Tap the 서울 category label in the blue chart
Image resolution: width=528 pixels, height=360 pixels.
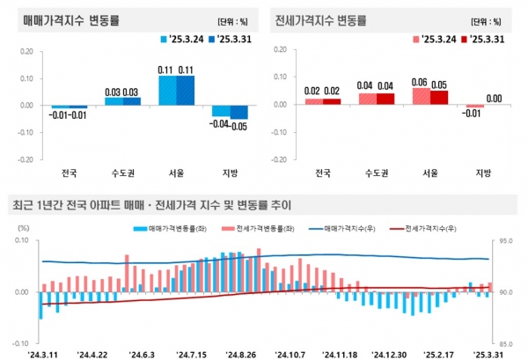[177, 173]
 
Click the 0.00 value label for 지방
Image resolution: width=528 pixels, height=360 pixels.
[495, 99]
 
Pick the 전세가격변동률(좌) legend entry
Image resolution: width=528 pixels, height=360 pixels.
[257, 228]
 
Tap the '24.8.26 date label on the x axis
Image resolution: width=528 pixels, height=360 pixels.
[240, 354]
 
